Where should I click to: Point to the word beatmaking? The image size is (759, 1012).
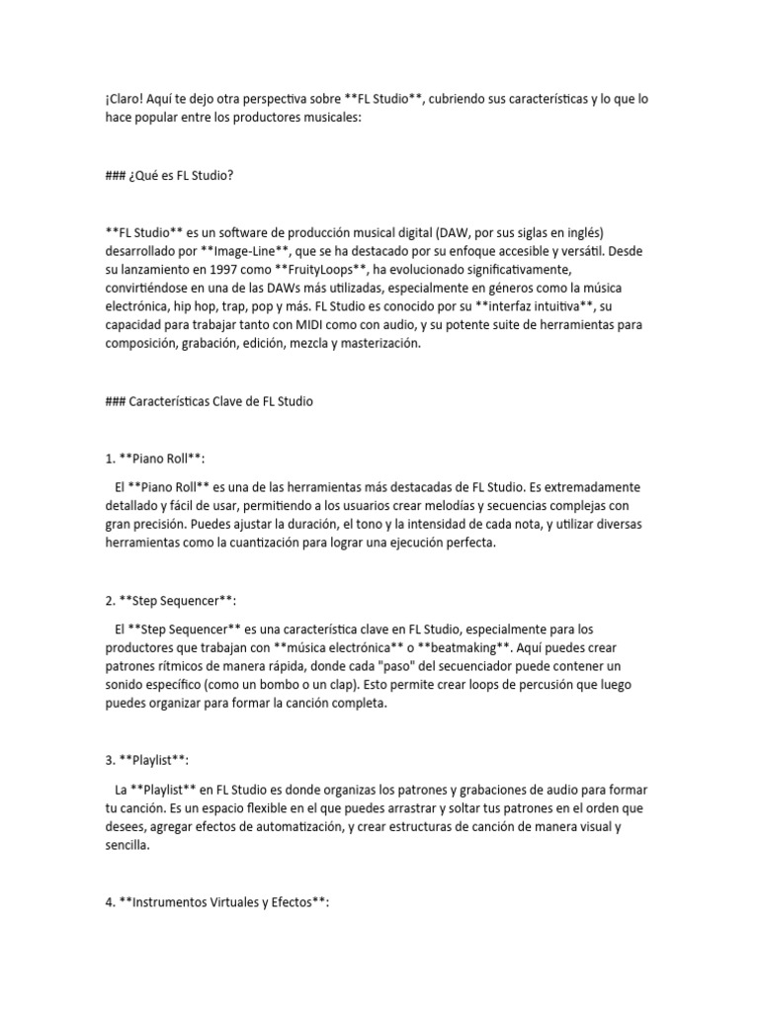click(467, 647)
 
